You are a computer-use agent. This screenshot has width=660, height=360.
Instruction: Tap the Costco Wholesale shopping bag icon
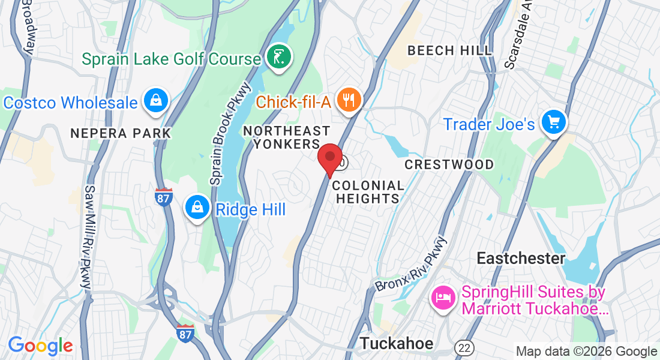tap(156, 100)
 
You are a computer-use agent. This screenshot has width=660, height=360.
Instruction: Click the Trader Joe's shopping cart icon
tap(553, 122)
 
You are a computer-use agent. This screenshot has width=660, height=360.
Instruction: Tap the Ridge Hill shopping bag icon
tap(196, 208)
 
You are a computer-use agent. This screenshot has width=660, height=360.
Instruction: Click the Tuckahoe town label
tap(396, 343)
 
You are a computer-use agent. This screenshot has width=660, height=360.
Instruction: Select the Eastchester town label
tap(521, 259)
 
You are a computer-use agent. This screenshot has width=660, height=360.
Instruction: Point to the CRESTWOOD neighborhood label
tap(449, 164)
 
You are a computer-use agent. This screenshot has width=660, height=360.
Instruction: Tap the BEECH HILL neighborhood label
tap(450, 50)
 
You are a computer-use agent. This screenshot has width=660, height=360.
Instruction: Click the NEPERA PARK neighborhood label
tap(121, 133)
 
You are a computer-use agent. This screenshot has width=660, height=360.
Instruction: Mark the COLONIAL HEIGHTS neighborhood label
tap(368, 191)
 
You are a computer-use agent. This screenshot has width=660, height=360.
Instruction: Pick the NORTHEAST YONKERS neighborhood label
tap(287, 137)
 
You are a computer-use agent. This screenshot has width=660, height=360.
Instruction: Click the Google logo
tap(40, 346)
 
